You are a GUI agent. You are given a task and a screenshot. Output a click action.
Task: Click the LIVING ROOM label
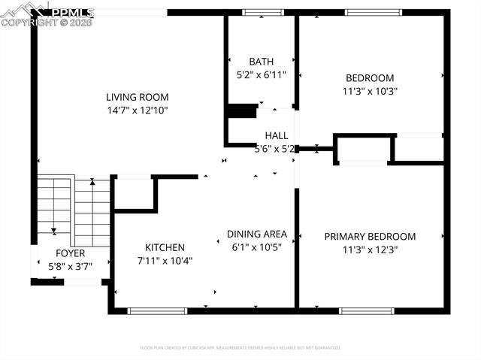coord(137,97)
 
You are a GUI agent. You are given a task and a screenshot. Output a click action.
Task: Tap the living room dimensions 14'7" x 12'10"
coord(137,110)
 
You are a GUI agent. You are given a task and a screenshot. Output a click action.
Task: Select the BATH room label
coord(262,62)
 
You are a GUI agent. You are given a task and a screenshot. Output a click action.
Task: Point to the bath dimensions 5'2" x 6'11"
coord(262,74)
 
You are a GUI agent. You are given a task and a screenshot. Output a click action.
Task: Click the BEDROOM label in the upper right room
coord(369,78)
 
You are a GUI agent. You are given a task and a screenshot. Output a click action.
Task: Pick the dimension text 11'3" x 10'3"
coord(369,91)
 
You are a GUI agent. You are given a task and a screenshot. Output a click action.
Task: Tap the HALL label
coord(276,135)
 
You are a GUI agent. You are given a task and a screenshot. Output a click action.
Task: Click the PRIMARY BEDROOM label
coord(369,236)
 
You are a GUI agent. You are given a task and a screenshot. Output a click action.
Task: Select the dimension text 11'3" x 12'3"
coord(369,250)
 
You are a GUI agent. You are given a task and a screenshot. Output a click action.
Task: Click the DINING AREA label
coord(257,234)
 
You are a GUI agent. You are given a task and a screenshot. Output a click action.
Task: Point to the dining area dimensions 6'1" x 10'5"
coord(257,247)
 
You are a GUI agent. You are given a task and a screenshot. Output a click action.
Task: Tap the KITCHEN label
coord(165,247)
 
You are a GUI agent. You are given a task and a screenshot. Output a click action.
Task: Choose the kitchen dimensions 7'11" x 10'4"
coord(165,260)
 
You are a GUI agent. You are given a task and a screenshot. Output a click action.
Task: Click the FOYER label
coord(71,253)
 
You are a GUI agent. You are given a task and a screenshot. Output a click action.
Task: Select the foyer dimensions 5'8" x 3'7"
coord(71,265)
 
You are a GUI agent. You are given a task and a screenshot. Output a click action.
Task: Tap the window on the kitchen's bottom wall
coord(157,310)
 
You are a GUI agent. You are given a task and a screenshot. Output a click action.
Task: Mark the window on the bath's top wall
coord(259,12)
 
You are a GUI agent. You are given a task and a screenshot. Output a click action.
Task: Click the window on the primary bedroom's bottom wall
coord(366,310)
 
